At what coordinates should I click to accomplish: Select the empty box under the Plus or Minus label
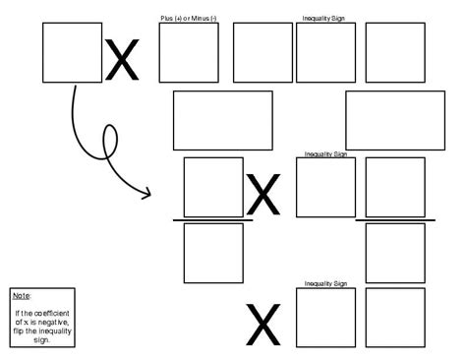[188, 52]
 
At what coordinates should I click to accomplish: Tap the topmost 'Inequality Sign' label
[325, 18]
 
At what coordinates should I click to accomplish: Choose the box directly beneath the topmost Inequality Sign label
[325, 52]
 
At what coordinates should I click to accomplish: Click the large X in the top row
[123, 61]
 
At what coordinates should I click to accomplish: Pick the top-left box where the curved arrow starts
[73, 52]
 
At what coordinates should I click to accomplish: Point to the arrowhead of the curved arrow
[147, 193]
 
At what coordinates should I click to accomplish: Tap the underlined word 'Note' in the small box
[22, 295]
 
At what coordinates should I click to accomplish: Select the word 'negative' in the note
[46, 323]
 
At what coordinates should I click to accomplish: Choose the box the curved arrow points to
[213, 187]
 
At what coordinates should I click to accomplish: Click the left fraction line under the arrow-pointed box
[213, 220]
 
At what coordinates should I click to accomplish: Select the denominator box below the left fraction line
[213, 253]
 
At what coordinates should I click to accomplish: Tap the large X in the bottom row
[262, 326]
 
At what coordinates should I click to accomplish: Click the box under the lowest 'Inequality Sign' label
[325, 318]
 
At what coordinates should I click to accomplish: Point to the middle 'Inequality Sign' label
[325, 154]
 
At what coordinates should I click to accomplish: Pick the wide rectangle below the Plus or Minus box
[222, 120]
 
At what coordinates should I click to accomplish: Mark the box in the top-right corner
[395, 52]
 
